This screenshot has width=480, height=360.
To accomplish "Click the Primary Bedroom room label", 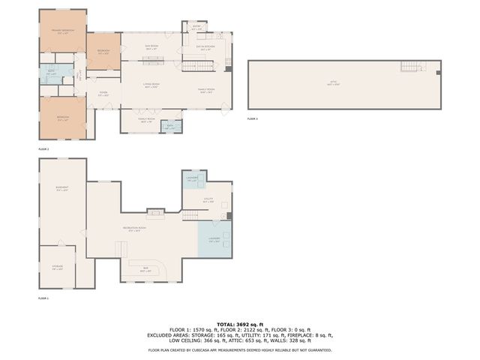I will click(x=62, y=31).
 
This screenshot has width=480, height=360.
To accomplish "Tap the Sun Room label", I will click(x=151, y=48).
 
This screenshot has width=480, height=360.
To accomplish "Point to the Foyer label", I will click(x=104, y=94).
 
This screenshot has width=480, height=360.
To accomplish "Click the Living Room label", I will click(x=151, y=86).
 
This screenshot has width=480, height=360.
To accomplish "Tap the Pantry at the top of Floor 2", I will click(x=196, y=27).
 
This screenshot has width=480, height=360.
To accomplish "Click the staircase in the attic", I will click(x=409, y=67).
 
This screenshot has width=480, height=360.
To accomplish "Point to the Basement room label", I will click(x=62, y=189).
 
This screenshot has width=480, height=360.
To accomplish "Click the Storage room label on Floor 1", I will click(x=58, y=267).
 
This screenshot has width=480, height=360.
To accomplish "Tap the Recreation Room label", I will click(x=133, y=229).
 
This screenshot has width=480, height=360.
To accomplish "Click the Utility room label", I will click(x=209, y=200).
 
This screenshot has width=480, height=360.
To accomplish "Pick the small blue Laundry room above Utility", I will click(x=191, y=179).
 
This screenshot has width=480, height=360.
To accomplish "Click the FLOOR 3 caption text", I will click(x=253, y=119).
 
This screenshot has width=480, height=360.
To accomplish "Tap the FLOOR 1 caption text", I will click(x=43, y=298).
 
